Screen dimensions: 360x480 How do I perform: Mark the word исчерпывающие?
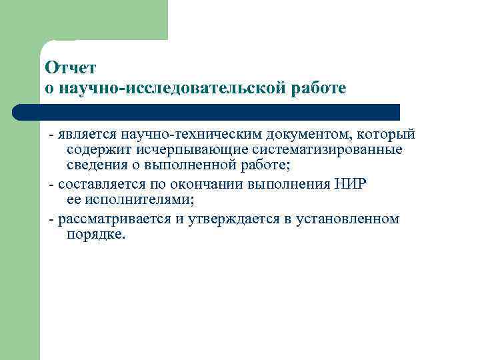pyautogui.click(x=177, y=152)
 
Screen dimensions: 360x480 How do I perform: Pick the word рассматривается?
pyautogui.click(x=112, y=219)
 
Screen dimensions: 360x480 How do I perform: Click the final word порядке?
pyautogui.click(x=95, y=235)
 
